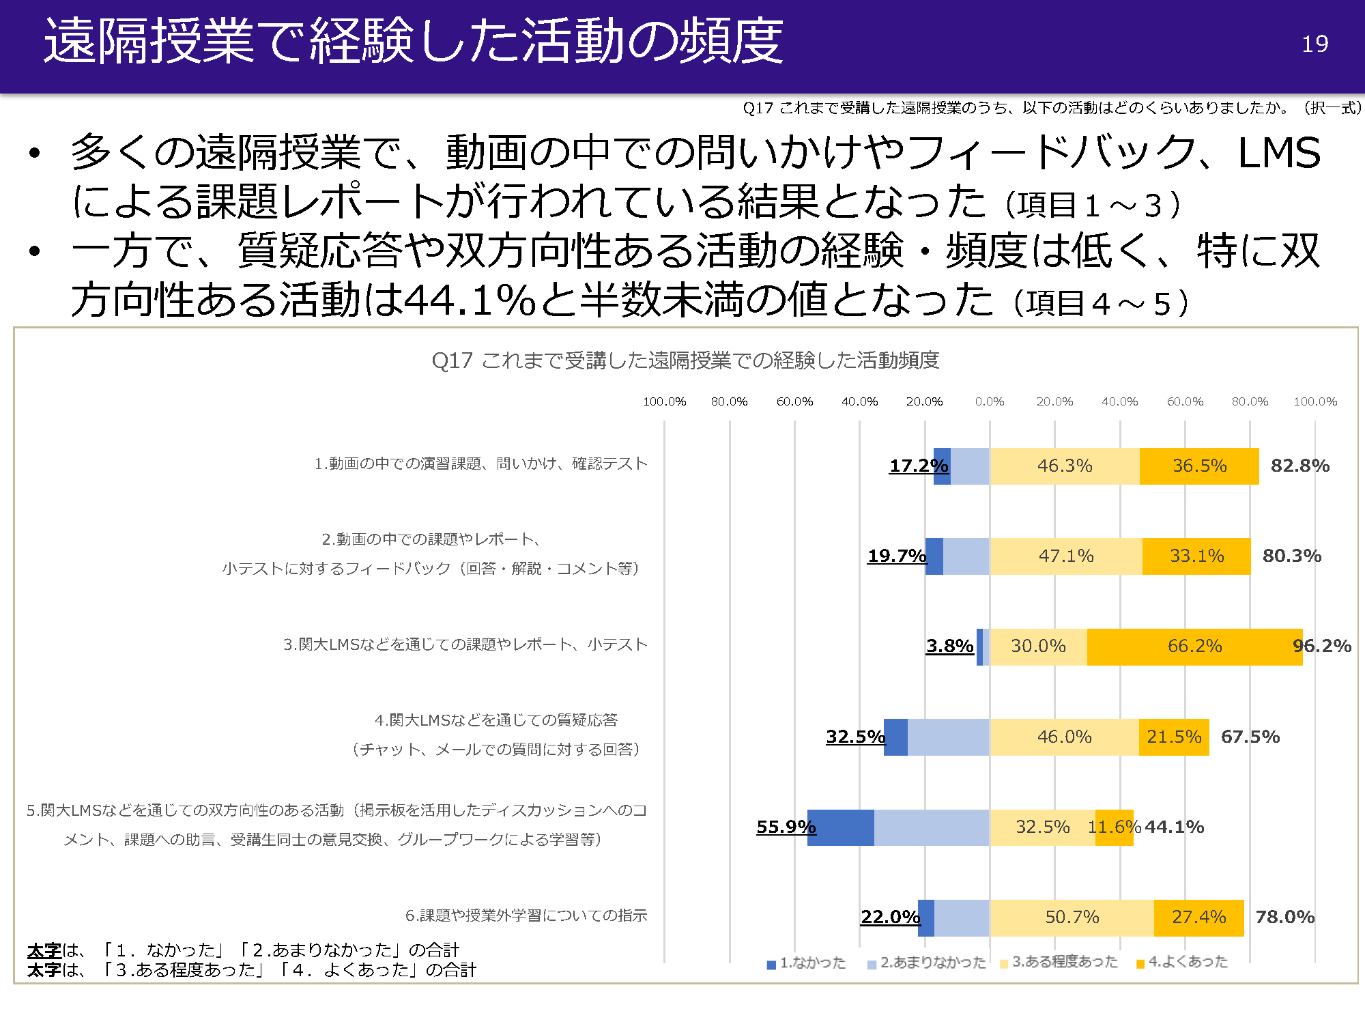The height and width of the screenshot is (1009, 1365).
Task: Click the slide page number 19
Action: (1314, 44)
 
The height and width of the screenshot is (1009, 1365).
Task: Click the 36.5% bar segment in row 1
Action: (1199, 466)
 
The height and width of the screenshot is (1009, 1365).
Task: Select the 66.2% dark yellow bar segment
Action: (1194, 646)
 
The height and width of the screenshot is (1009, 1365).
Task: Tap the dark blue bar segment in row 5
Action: (841, 827)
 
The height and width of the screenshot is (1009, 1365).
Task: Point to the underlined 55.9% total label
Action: (786, 827)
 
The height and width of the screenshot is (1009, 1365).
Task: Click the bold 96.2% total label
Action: (1322, 646)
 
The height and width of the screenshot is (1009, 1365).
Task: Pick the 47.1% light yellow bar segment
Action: (1066, 556)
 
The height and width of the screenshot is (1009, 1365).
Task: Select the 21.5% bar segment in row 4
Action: (1174, 737)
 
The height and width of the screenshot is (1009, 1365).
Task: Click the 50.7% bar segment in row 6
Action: (1072, 918)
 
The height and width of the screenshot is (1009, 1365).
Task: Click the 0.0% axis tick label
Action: (990, 402)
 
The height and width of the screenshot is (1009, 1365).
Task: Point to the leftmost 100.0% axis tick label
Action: (664, 402)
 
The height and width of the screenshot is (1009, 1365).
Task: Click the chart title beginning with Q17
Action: (685, 360)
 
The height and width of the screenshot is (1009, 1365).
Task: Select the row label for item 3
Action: (465, 644)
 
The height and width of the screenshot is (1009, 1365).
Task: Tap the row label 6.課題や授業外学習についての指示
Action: (526, 915)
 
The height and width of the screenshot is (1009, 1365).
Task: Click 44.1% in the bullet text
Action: (470, 300)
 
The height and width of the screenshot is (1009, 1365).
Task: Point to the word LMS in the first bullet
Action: (1279, 152)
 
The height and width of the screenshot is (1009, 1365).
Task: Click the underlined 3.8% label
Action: (949, 646)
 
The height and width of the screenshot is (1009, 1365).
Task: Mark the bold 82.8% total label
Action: (1299, 466)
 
